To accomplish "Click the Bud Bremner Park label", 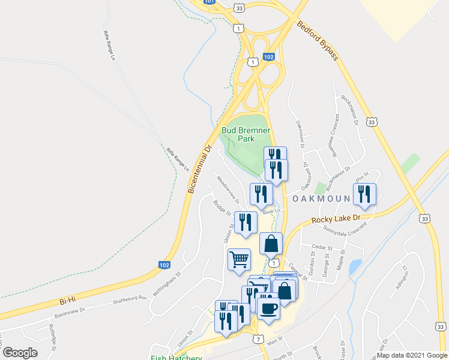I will point(246,134).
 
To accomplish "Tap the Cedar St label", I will point(322,247).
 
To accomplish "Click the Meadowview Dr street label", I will point(228,188).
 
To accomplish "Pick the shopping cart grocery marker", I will point(239,260).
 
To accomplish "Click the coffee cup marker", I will point(268,308).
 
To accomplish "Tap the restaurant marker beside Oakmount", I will point(364,194).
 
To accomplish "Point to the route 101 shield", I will point(208,2).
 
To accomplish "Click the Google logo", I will point(20,353).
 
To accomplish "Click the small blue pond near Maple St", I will point(355,266).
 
